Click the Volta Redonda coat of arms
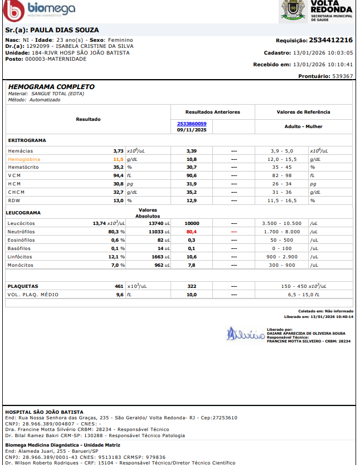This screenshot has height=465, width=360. (x=291, y=10)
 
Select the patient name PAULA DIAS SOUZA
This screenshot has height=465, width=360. (x=64, y=30)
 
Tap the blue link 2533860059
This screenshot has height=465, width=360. (x=191, y=124)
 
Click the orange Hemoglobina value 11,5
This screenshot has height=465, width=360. (x=118, y=159)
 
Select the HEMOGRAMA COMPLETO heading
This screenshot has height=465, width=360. (x=51, y=87)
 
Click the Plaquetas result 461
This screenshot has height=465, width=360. (x=118, y=286)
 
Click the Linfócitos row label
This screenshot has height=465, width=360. (x=20, y=257)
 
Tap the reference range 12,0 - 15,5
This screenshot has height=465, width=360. (x=281, y=159)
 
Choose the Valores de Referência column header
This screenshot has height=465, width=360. (x=303, y=112)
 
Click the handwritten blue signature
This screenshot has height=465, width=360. (x=245, y=335)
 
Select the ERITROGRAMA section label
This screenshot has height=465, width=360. (x=27, y=140)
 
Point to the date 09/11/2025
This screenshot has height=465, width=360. (x=192, y=130)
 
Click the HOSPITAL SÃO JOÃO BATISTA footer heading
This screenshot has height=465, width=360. (x=44, y=412)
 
